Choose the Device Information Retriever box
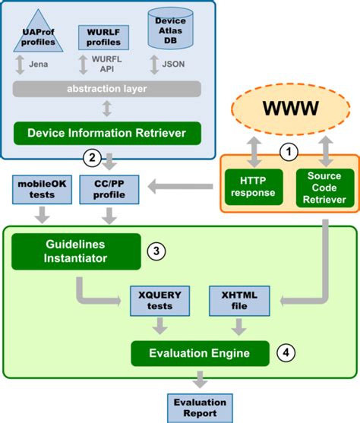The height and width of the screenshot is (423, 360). click(x=106, y=133)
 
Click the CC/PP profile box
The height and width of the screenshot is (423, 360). click(x=106, y=188)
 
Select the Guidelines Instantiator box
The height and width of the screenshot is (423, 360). click(x=76, y=251)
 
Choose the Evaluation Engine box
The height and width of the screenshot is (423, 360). click(x=200, y=352)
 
